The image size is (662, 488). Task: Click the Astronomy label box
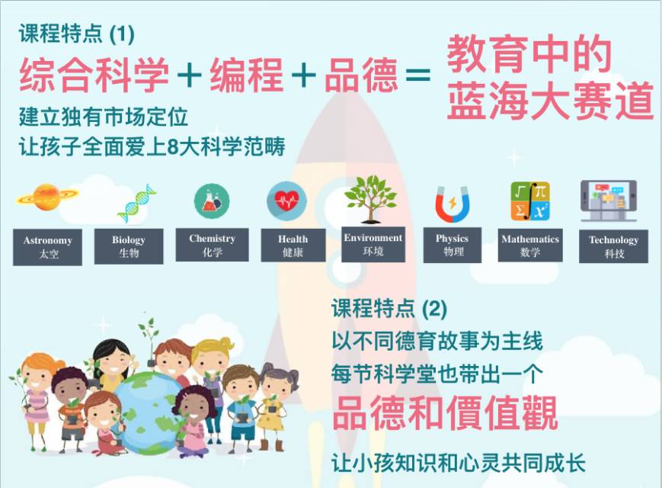click(x=48, y=247)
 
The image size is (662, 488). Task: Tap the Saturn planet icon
click(x=47, y=197)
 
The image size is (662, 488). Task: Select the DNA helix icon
click(x=136, y=204)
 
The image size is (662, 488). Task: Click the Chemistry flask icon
click(x=212, y=201)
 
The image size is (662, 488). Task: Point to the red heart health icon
click(x=286, y=201)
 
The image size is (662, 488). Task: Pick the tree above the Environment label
click(x=371, y=199)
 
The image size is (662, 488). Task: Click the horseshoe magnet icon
click(x=453, y=204)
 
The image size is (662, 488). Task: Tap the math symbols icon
click(x=530, y=201)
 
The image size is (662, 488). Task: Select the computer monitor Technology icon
click(x=609, y=201)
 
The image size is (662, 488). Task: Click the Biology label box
click(x=129, y=246)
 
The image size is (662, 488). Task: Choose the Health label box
click(x=293, y=245)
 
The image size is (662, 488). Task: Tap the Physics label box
click(x=453, y=245)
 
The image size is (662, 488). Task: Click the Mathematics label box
click(x=530, y=245)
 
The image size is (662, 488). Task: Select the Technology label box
click(x=613, y=246)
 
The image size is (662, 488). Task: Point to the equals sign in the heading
click(x=417, y=75)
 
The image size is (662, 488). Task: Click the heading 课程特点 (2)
click(x=389, y=309)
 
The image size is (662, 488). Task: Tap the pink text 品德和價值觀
click(x=446, y=413)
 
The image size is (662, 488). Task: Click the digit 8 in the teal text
click(x=173, y=147)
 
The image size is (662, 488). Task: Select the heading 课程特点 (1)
click(x=76, y=34)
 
